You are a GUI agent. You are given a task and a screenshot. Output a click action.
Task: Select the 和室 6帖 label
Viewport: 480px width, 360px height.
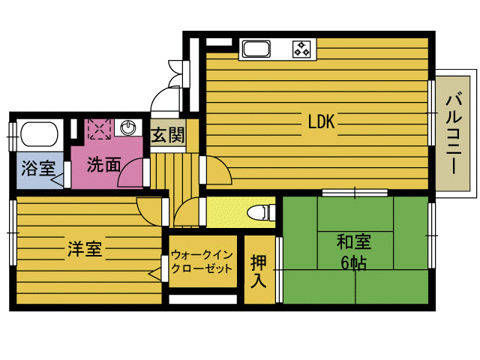[355, 251]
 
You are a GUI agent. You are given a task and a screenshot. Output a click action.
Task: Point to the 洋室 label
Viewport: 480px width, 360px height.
[84, 248]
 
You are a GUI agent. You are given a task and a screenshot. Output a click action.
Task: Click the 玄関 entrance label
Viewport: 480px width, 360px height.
[168, 136]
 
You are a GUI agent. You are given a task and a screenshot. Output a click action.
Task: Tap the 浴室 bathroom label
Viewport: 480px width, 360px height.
[37, 168]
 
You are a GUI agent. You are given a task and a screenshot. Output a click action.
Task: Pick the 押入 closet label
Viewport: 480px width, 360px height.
[259, 271]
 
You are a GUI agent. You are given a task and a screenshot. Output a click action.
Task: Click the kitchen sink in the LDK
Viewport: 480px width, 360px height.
[257, 50]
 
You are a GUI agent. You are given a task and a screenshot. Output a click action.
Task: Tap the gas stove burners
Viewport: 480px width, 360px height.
[302, 49]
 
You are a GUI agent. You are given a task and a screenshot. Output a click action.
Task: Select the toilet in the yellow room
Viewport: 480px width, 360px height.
[259, 212]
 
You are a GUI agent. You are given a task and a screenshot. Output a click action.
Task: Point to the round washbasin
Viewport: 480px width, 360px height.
[128, 127]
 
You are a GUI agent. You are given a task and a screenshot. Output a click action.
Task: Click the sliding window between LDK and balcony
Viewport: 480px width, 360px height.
[432, 112]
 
